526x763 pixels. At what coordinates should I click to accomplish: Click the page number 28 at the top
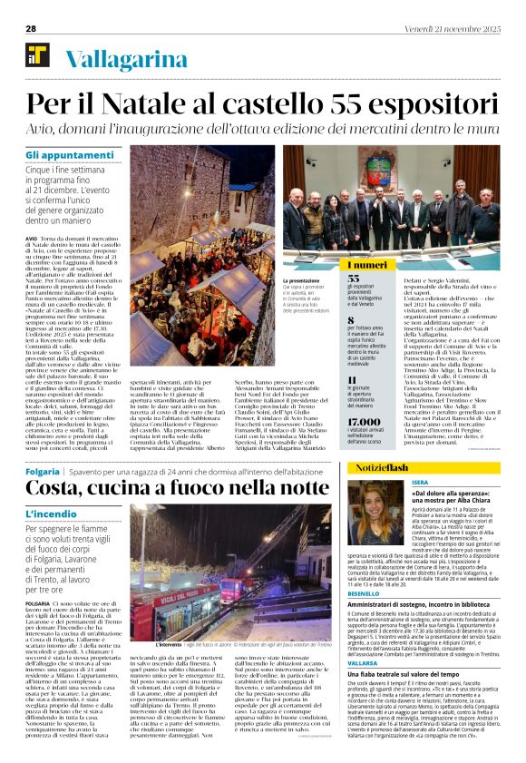coord(31,29)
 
